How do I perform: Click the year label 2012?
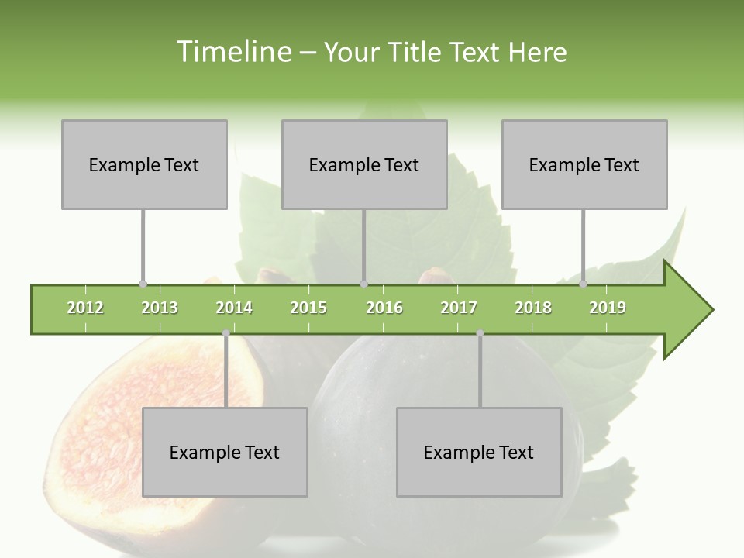pos(85,308)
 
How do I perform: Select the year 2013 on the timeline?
pos(160,308)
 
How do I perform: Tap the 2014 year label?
pos(234,308)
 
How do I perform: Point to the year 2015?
pos(308,308)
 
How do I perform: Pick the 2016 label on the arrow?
pos(384,308)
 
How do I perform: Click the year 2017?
pos(459,308)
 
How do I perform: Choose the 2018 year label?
pos(533,308)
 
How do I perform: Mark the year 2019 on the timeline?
pos(608,308)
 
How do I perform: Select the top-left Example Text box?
pos(144,164)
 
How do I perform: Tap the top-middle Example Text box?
pos(364,164)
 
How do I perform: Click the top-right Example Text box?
pos(584,164)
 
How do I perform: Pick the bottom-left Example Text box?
pos(225,452)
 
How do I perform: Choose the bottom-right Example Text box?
pos(479,452)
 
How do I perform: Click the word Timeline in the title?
pos(233,52)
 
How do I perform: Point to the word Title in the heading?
pos(412,52)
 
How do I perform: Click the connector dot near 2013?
pos(143,284)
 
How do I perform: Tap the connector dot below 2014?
pos(226,333)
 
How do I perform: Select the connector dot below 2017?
pos(480,333)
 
